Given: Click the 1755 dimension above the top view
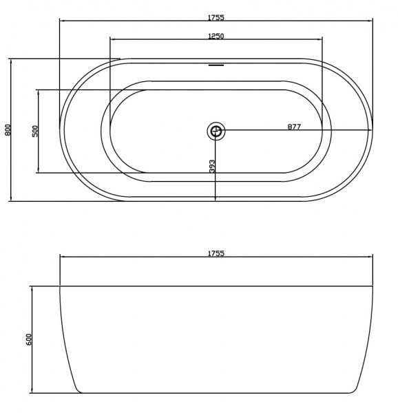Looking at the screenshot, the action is point(216,17).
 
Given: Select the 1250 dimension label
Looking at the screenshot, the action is point(216,36).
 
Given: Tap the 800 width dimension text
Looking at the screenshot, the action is point(8,130).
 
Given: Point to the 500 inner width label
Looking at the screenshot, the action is point(35,131).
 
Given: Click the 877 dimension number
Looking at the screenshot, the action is point(294,127).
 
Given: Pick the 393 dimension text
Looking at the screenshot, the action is point(212,167).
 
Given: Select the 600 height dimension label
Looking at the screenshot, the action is point(29,339).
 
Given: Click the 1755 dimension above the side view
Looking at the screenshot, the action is point(216,253).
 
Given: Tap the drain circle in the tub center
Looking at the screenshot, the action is point(216,131).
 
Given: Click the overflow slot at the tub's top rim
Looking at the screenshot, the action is point(216,65).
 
